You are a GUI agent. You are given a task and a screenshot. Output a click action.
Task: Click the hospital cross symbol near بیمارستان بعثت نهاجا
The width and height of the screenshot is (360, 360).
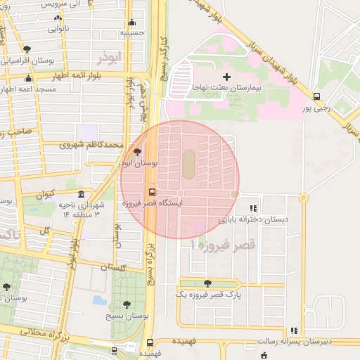tap(226, 76)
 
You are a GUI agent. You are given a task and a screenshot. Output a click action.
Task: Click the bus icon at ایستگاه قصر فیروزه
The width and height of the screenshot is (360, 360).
tap(152, 191)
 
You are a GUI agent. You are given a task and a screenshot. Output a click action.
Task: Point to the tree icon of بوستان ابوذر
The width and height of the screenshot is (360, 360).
tap(136, 151)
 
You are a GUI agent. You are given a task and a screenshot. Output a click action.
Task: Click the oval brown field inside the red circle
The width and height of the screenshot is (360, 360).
tap(189, 165)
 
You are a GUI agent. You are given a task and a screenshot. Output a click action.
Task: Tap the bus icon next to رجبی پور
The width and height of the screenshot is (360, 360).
tap(316, 96)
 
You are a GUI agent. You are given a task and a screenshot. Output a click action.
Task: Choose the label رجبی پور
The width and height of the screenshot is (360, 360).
tap(316, 108)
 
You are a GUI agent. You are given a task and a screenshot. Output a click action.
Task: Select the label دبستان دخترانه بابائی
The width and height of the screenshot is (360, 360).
tap(253, 219)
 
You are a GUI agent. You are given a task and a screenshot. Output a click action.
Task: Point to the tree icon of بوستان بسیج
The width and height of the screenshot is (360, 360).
tap(126, 304)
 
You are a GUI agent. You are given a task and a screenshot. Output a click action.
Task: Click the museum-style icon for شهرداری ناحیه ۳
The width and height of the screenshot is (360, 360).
tap(82, 194)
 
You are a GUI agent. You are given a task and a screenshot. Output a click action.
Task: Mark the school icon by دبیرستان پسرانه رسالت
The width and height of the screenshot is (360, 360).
tap(294, 330)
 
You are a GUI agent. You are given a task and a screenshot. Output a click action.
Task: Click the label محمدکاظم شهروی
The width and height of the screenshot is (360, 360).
tap(91, 146)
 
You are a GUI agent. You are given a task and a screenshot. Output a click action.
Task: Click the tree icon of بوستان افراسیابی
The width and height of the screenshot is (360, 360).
tap(27, 49)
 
